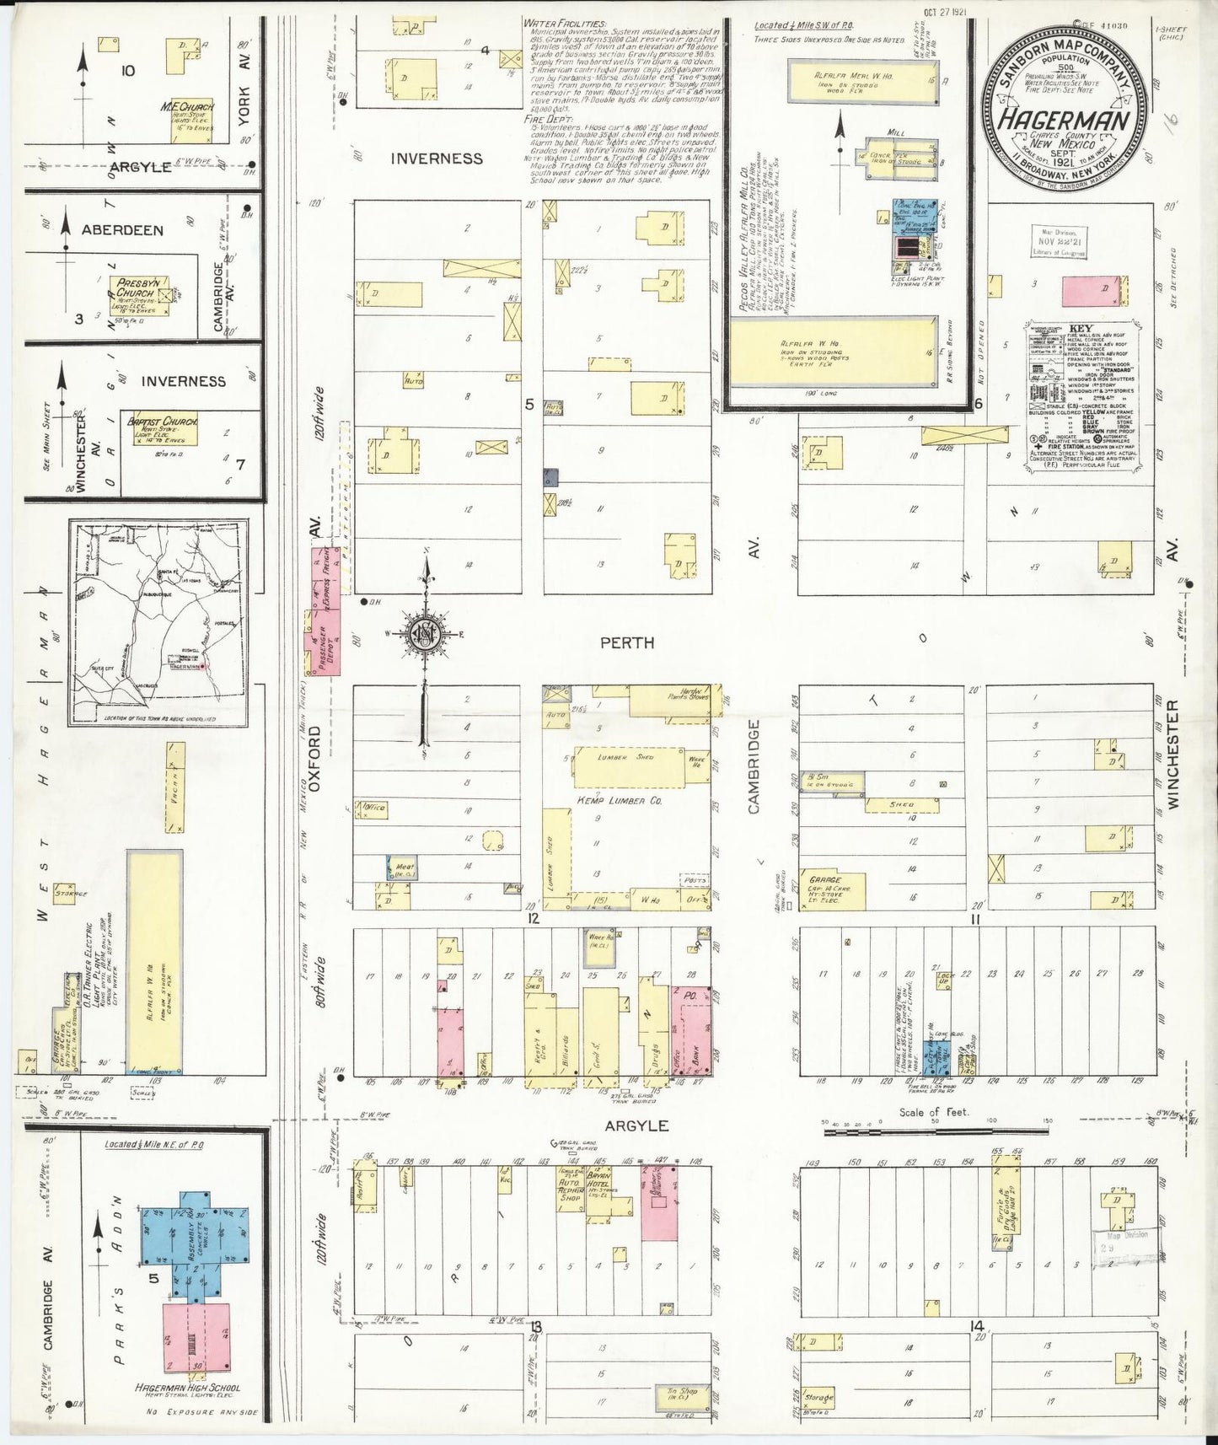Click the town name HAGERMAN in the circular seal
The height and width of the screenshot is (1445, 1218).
pyautogui.click(x=1065, y=119)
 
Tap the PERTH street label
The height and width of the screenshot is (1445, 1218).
pyautogui.click(x=626, y=642)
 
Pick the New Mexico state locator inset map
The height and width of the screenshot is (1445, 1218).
pyautogui.click(x=158, y=622)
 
